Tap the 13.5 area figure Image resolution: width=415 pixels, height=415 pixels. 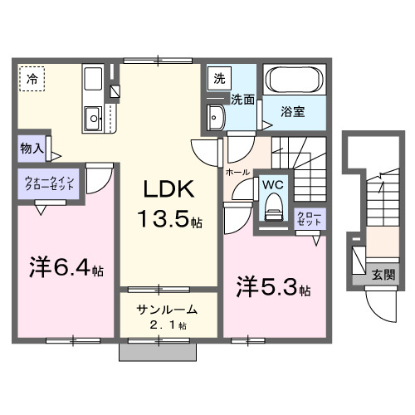coord(170,222)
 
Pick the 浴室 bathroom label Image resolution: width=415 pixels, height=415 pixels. coord(290,108)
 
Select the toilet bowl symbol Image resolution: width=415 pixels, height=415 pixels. coord(272,209)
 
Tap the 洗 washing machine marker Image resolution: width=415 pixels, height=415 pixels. coord(220,79)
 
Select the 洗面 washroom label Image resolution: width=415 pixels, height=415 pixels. coord(242,100)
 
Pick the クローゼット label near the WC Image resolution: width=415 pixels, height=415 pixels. coord(309,219)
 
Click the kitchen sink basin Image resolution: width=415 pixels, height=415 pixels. coord(91,117)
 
